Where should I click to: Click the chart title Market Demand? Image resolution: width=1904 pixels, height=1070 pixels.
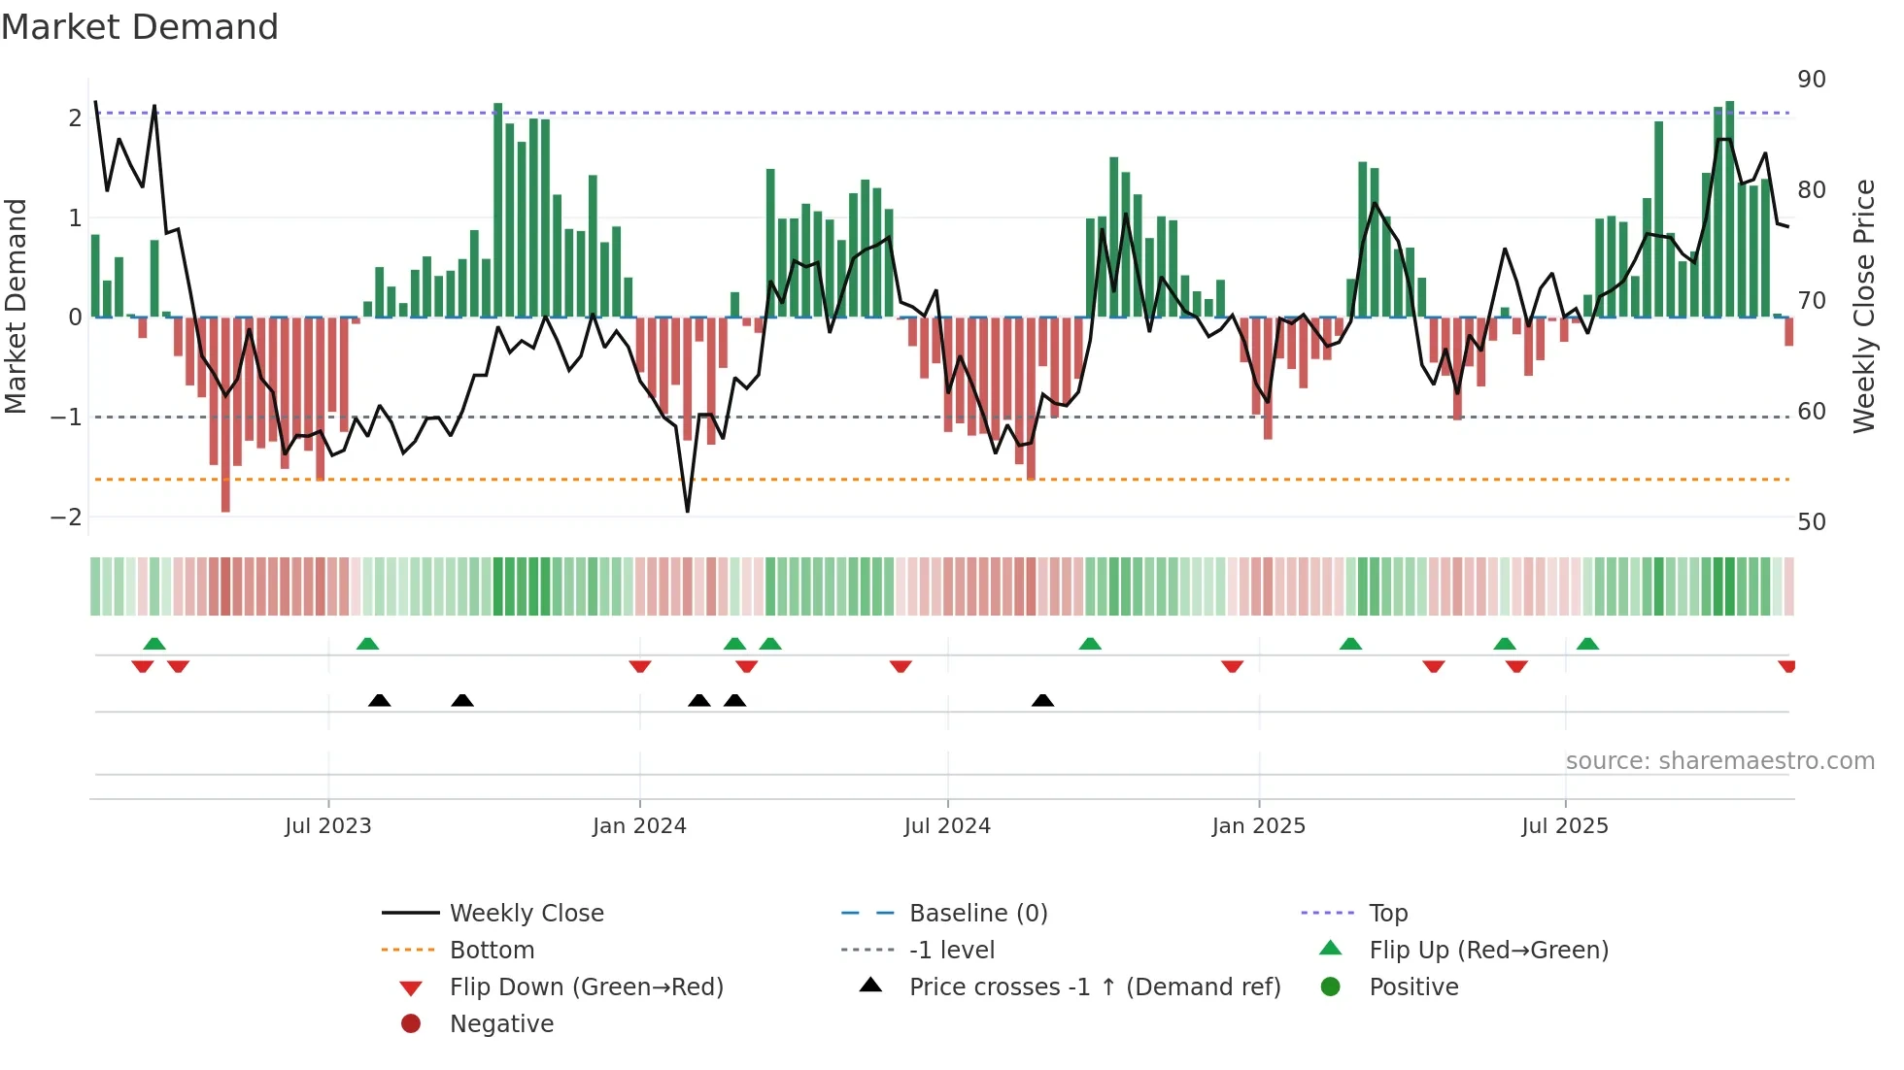140,27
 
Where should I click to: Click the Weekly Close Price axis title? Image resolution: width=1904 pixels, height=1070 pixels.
1863,306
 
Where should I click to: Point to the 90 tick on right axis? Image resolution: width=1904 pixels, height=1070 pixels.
1811,80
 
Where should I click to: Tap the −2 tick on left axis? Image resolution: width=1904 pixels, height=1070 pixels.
66,518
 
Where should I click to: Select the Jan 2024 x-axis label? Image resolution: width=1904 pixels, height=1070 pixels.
639,826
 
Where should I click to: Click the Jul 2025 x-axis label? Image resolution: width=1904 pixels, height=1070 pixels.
1565,826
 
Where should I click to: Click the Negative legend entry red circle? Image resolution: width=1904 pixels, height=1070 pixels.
411,1024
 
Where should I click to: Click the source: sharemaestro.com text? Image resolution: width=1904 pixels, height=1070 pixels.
1719,761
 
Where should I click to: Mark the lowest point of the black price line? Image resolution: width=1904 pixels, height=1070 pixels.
688,511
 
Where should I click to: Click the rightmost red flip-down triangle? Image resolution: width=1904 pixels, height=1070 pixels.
1786,666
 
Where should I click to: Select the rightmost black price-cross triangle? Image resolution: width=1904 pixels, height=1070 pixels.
1042,700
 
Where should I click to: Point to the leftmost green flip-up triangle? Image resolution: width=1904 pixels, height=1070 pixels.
154,643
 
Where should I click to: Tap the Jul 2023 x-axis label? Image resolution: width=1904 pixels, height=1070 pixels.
328,826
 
